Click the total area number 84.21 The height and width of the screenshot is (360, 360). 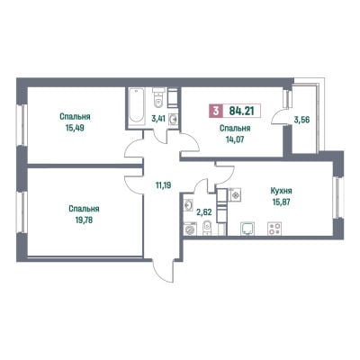tap(241, 111)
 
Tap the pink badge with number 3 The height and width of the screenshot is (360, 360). tap(216, 111)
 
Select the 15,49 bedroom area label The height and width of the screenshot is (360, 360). tap(75, 128)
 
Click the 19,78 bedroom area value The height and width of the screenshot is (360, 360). tap(84, 220)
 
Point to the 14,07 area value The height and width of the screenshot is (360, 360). tap(235, 139)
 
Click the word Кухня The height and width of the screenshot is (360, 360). tap(281, 191)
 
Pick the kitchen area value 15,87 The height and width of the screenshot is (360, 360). tap(281, 202)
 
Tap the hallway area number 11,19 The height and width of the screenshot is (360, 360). tap(163, 185)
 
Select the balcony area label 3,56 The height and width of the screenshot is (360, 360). tap(301, 120)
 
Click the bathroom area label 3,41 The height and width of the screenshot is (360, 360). tap(158, 118)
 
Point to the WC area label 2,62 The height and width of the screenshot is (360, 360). tap(204, 212)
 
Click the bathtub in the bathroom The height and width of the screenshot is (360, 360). tap(136, 105)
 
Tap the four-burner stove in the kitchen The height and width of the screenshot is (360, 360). tap(274, 229)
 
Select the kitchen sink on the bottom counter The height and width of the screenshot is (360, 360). tap(247, 229)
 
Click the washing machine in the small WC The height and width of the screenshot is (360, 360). tap(189, 229)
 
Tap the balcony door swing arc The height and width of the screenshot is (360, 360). tap(277, 117)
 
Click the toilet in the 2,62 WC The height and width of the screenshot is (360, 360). tap(207, 228)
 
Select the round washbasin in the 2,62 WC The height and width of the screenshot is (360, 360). tap(189, 205)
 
